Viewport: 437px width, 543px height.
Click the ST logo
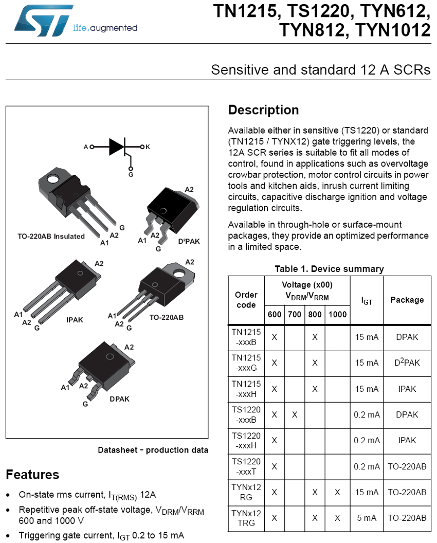43,20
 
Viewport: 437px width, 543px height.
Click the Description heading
263,110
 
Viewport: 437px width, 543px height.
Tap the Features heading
32,475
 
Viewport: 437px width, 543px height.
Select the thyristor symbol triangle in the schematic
116,147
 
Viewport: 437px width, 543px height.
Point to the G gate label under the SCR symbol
131,174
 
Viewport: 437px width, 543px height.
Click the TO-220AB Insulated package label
51,236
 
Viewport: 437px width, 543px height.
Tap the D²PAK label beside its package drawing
189,241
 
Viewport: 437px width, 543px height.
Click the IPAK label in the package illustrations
75,320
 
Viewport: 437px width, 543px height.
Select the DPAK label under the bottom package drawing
119,399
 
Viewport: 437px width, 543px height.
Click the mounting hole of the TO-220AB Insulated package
53,178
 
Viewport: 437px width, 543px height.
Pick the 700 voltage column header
295,315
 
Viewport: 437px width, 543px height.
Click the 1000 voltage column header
338,315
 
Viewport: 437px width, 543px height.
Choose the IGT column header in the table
367,301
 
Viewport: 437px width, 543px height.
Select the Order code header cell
246,300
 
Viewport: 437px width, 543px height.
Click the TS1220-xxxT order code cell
246,466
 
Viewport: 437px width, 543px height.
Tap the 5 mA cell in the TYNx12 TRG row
367,518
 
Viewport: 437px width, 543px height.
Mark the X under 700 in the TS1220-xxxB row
295,414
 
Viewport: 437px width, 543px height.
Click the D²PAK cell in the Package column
407,363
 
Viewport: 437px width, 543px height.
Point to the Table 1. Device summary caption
330,269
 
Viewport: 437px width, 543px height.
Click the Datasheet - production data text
153,450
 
